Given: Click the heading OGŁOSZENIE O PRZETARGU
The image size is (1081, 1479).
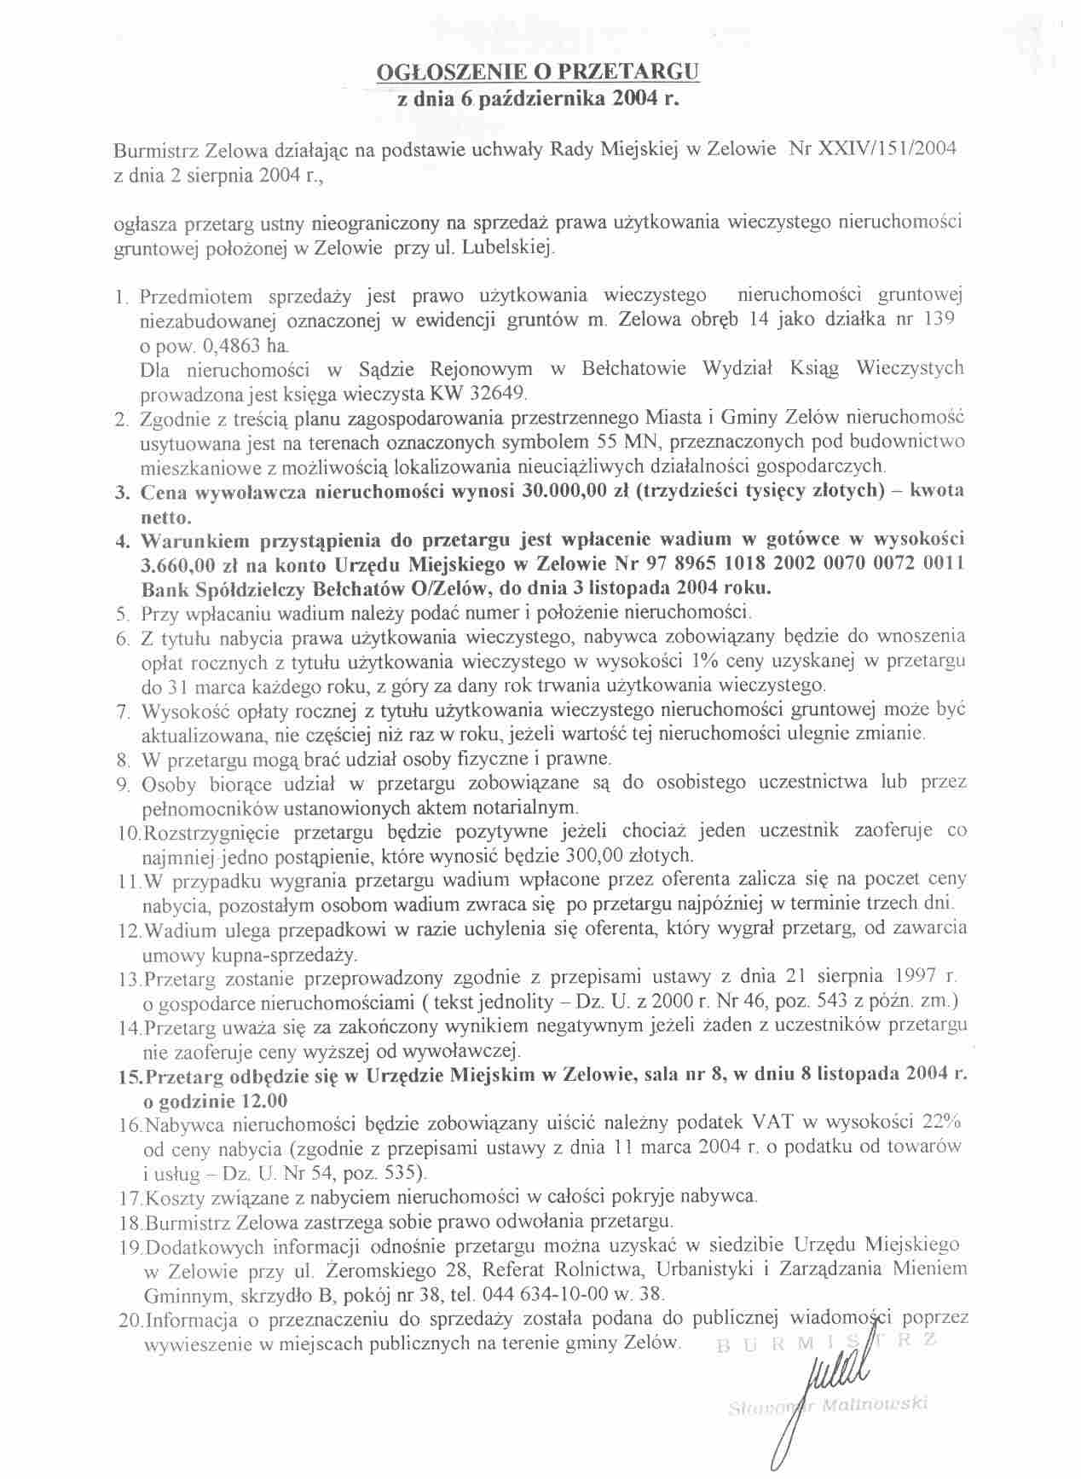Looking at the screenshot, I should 538,72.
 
